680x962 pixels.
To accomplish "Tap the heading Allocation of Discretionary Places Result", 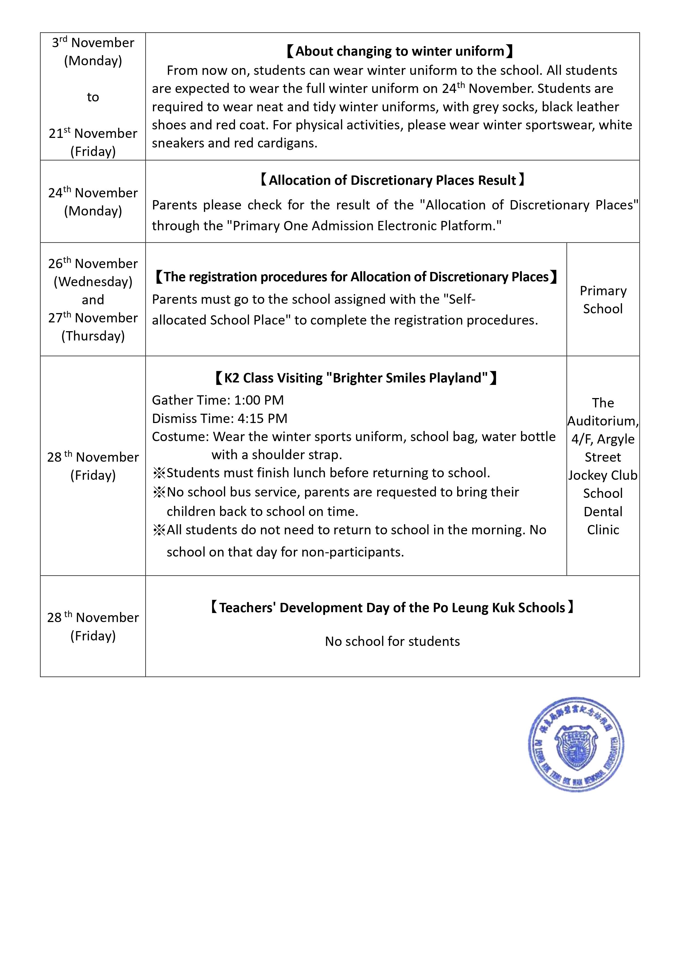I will pyautogui.click(x=392, y=180).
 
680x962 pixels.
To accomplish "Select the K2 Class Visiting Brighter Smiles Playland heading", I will pyautogui.click(x=356, y=378).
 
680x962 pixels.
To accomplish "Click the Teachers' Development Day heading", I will pyautogui.click(x=392, y=608).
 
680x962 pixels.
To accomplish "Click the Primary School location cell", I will pyautogui.click(x=603, y=300).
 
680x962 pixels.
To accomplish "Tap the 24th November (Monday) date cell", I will pyautogui.click(x=93, y=202).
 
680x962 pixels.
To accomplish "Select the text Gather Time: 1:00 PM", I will pyautogui.click(x=218, y=400).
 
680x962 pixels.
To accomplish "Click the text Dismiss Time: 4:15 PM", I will pyautogui.click(x=220, y=418).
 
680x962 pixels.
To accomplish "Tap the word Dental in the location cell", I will pyautogui.click(x=603, y=512).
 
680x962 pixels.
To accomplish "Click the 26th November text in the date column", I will pyautogui.click(x=93, y=263).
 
